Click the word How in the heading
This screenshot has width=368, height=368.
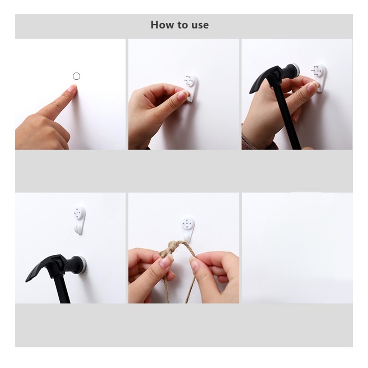pyautogui.click(x=162, y=25)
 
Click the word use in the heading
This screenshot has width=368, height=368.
pyautogui.click(x=200, y=25)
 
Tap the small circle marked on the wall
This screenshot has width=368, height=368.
pyautogui.click(x=76, y=76)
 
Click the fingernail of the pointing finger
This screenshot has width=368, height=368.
pyautogui.click(x=72, y=88)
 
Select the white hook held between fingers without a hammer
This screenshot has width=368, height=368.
pyautogui.click(x=192, y=88)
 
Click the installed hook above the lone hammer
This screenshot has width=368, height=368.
pyautogui.click(x=80, y=220)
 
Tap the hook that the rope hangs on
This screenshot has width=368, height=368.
pyautogui.click(x=188, y=229)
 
